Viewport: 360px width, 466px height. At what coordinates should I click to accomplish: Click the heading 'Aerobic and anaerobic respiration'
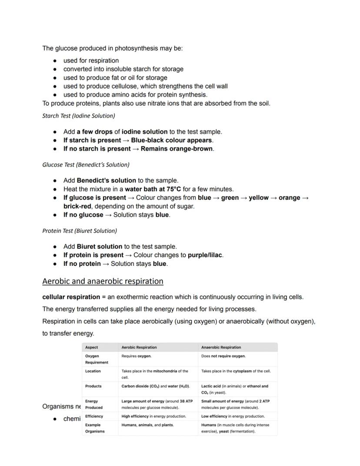click(x=103, y=281)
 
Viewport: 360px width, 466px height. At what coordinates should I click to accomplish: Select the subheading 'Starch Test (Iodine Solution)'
click(x=78, y=116)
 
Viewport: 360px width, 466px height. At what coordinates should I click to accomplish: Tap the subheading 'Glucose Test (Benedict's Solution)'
click(x=86, y=164)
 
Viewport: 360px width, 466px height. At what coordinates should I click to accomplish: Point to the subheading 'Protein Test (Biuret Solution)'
click(x=80, y=231)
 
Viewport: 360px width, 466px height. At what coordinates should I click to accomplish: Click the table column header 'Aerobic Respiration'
click(x=139, y=347)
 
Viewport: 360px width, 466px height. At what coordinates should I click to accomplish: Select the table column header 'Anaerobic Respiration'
click(x=221, y=347)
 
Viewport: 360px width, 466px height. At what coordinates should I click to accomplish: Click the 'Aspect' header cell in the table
click(x=92, y=347)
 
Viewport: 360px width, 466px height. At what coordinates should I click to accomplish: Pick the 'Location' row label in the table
click(x=93, y=371)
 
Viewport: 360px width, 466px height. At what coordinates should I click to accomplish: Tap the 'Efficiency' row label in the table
click(x=94, y=416)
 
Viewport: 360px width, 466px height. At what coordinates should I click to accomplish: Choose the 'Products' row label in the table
click(x=93, y=386)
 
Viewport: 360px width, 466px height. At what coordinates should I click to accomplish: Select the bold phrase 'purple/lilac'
click(x=205, y=255)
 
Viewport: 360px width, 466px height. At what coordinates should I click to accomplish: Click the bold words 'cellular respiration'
click(x=71, y=297)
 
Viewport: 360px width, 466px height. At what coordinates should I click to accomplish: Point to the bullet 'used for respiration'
click(x=91, y=60)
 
